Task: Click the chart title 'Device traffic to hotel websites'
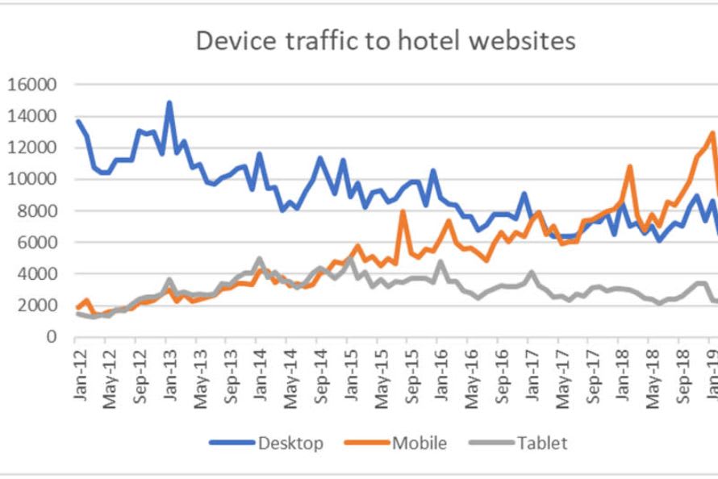[386, 40]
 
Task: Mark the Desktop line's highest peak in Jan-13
[169, 103]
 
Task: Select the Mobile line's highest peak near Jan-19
[712, 133]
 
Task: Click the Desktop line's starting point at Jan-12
[78, 121]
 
